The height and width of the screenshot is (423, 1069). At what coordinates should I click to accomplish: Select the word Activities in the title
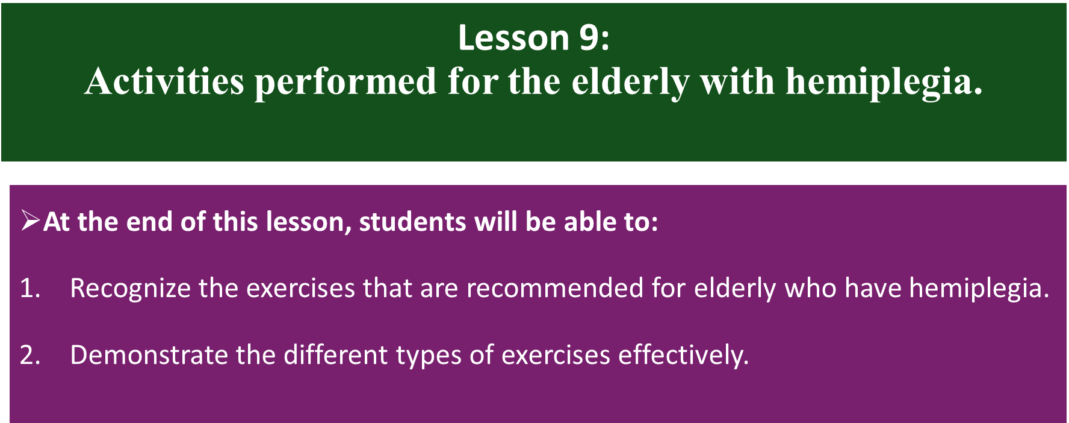tap(164, 81)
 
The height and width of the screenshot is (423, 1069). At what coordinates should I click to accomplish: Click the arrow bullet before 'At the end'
tap(30, 221)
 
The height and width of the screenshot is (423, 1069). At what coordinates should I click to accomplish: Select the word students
tap(412, 222)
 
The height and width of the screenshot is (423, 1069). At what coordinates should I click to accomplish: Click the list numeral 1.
tap(29, 288)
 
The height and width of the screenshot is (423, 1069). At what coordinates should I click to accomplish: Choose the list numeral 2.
tap(29, 355)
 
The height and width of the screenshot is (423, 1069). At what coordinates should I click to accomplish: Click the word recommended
tap(555, 288)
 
